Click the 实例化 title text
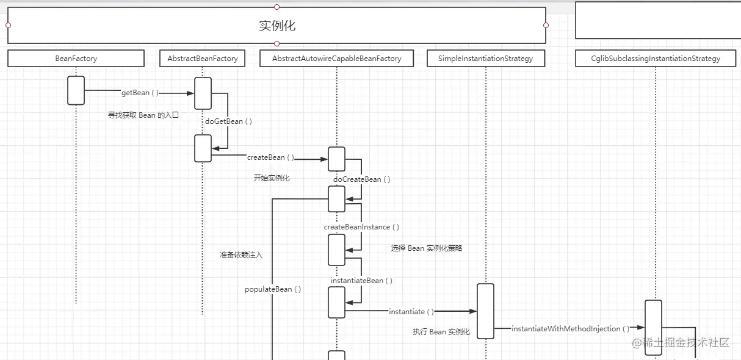[x=277, y=26]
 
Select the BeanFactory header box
[x=76, y=59]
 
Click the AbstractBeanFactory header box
[x=203, y=59]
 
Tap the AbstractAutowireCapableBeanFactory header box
[x=336, y=59]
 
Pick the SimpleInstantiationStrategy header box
[x=485, y=59]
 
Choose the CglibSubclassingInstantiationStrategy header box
[x=656, y=59]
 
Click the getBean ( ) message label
[x=140, y=93]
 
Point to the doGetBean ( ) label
[x=228, y=121]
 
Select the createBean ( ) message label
[x=270, y=157]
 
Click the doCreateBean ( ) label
[x=361, y=179]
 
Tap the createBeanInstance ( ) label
[x=361, y=227]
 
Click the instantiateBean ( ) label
[x=361, y=281]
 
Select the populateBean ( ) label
[x=273, y=289]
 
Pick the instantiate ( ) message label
[x=411, y=312]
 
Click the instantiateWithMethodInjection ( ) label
[x=570, y=329]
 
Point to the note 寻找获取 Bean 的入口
[x=143, y=115]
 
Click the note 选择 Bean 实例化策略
[x=427, y=248]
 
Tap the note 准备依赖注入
[x=241, y=255]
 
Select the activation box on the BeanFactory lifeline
[x=76, y=90]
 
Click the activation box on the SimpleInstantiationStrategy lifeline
[x=485, y=311]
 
